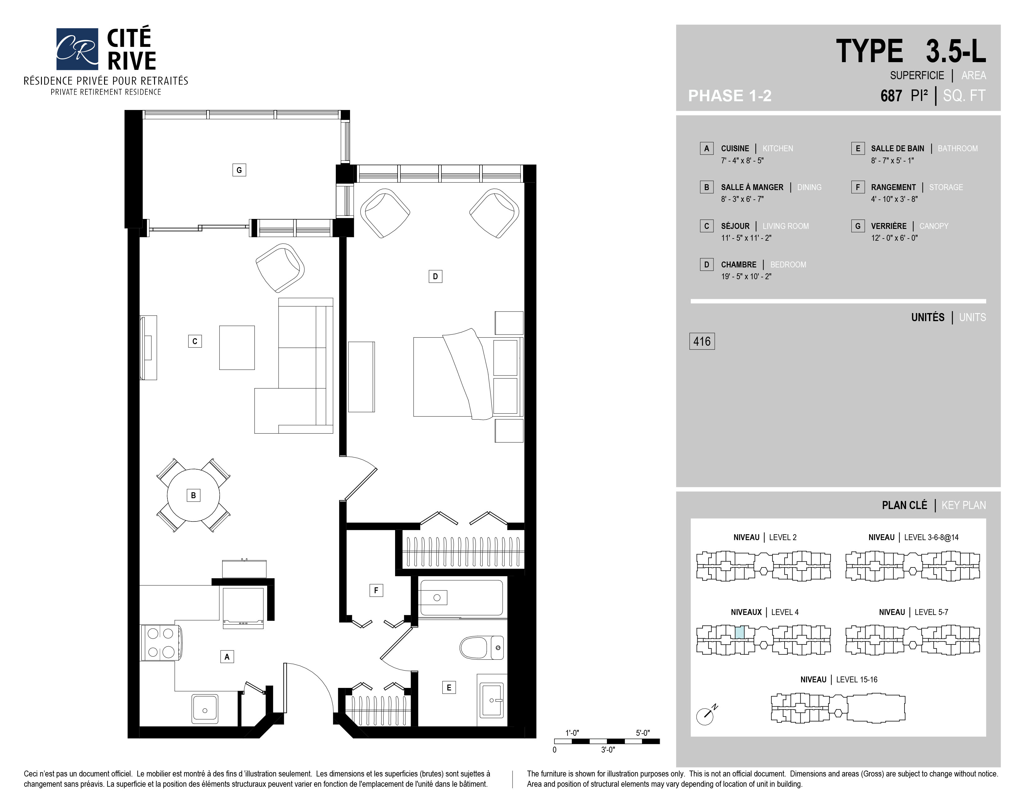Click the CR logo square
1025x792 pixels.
[x=77, y=49]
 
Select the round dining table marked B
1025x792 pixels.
[x=194, y=495]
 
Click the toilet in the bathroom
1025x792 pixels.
[x=481, y=648]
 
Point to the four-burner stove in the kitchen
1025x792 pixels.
[x=161, y=642]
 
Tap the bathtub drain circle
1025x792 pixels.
[x=437, y=597]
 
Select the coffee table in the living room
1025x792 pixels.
[x=237, y=348]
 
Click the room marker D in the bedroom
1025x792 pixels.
[x=435, y=276]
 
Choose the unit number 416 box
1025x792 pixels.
[x=702, y=341]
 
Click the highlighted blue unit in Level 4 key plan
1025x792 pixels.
[x=740, y=632]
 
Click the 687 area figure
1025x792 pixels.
[x=891, y=96]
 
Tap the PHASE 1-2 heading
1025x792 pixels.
[x=730, y=96]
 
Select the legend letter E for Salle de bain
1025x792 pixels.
[x=858, y=148]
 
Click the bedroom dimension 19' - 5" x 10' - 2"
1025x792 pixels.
[x=746, y=276]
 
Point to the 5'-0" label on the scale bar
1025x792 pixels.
[x=643, y=733]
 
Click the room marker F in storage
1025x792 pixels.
[x=376, y=590]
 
